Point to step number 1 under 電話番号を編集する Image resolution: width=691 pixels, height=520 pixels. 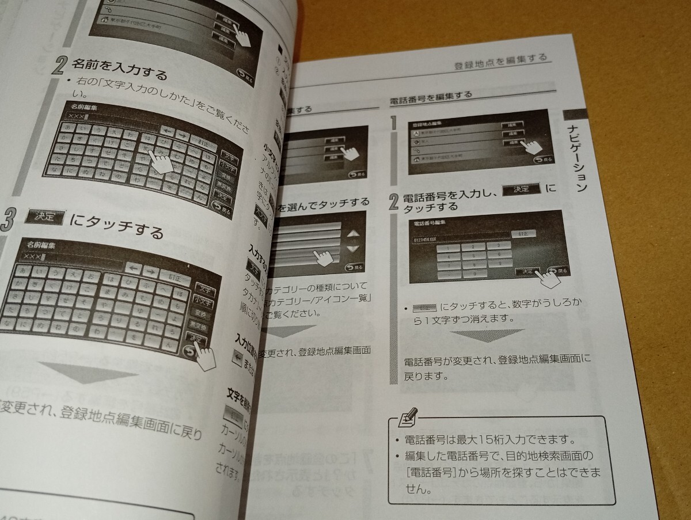click(x=395, y=124)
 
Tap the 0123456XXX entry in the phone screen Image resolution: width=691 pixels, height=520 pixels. click(x=430, y=236)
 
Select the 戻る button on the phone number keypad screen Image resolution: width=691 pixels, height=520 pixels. click(x=558, y=271)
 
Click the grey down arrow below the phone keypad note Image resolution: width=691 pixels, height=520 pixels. click(x=487, y=336)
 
